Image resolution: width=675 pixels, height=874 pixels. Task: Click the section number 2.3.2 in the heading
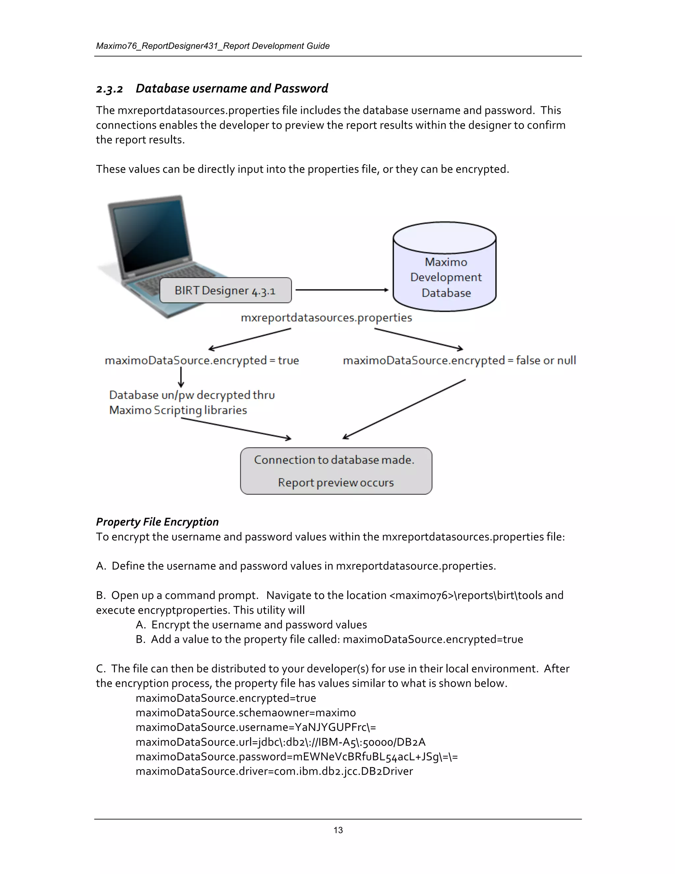click(109, 89)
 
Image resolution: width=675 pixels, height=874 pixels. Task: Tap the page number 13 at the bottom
click(338, 830)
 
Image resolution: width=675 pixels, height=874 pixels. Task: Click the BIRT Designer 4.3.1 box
click(225, 291)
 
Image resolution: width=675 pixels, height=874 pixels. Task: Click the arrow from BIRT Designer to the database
click(342, 290)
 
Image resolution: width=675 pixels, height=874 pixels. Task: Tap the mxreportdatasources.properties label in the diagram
click(326, 318)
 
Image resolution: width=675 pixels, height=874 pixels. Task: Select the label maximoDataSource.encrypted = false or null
click(459, 360)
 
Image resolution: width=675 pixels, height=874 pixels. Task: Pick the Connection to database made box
click(336, 471)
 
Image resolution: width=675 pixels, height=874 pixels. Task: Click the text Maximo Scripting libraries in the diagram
click(178, 410)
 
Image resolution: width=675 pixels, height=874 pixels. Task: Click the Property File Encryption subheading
click(157, 522)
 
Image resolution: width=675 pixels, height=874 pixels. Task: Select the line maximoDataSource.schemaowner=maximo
click(246, 713)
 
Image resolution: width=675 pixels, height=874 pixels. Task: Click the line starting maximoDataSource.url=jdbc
click(280, 742)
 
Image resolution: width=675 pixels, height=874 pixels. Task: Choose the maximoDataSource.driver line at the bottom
click(274, 771)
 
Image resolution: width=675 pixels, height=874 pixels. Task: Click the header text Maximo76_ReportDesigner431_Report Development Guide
click(213, 46)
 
